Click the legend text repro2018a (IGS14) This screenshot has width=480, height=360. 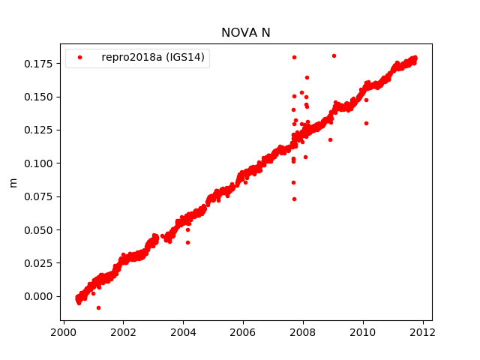coord(154,57)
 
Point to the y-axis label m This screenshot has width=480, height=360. coord(13,182)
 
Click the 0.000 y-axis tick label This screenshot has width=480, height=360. coord(38,296)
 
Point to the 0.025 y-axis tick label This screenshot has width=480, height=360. coord(38,263)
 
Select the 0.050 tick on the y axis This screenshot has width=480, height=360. coord(38,230)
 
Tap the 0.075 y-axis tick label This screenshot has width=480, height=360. coord(38,196)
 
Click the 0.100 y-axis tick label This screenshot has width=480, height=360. coord(38,163)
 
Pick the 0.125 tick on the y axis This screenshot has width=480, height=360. coord(38,130)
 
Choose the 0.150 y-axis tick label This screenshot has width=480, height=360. coord(38,97)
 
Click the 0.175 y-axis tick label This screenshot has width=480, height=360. coord(38,64)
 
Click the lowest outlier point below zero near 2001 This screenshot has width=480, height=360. coord(98,307)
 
